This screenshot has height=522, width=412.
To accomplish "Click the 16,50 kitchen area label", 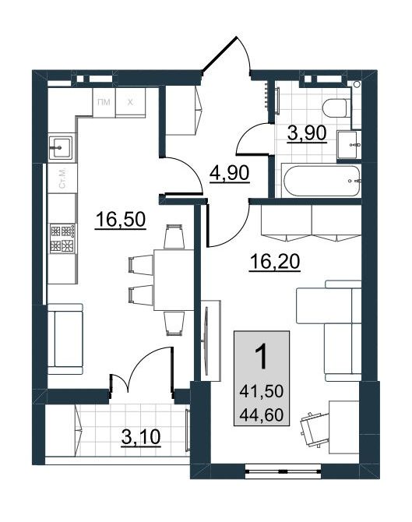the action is coord(120,220).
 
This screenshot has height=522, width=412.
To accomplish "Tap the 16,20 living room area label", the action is coord(275,262).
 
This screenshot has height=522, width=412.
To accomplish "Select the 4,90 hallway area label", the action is coord(229,173).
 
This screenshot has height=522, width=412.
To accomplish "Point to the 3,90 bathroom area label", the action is coord(307,133).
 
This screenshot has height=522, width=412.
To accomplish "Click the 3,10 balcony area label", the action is coord(141,437).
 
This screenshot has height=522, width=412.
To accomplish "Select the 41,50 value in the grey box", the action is coord(261,390).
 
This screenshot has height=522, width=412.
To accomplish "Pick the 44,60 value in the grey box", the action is coord(261,414).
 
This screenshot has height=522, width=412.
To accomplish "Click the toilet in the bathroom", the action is coord(336,108).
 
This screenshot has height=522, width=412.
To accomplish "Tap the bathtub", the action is coord(321,181).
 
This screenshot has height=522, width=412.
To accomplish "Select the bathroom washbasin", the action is coord(348,145).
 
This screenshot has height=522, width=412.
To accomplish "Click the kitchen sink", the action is coord(60,147).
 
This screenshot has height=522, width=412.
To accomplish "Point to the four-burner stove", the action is coord(63,238).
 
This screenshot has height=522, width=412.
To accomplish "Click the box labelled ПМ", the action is coord(104,102).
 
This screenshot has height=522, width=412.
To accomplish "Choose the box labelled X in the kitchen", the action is coord(130,102).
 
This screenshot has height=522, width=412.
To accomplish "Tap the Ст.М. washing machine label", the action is coord(62,178).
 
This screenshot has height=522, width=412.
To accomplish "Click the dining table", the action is coord(174,280).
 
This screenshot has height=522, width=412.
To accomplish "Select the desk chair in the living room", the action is coord(312,428).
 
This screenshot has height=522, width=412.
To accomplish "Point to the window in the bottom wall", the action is coord(283,471).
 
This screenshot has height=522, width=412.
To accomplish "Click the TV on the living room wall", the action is coord(206,341).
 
